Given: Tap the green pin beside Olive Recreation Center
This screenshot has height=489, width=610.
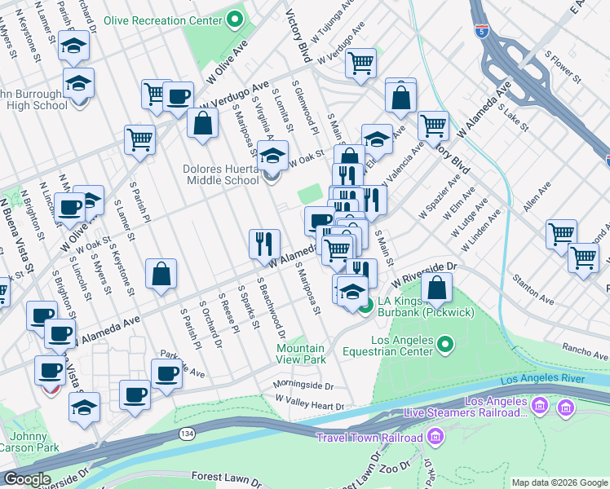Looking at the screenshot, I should [236, 19].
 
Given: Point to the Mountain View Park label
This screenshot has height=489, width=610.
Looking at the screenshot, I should [300, 354].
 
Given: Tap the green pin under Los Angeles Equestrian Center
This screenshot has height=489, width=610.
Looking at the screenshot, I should [444, 346].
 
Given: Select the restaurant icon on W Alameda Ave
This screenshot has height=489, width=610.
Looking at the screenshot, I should [264, 242].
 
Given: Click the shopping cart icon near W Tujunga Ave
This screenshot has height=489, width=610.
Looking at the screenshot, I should [360, 63].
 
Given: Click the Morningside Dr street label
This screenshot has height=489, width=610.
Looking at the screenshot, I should [303, 385].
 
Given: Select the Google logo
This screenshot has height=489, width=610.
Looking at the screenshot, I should [26, 479].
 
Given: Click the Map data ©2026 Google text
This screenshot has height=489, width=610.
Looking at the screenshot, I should [559, 482].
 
